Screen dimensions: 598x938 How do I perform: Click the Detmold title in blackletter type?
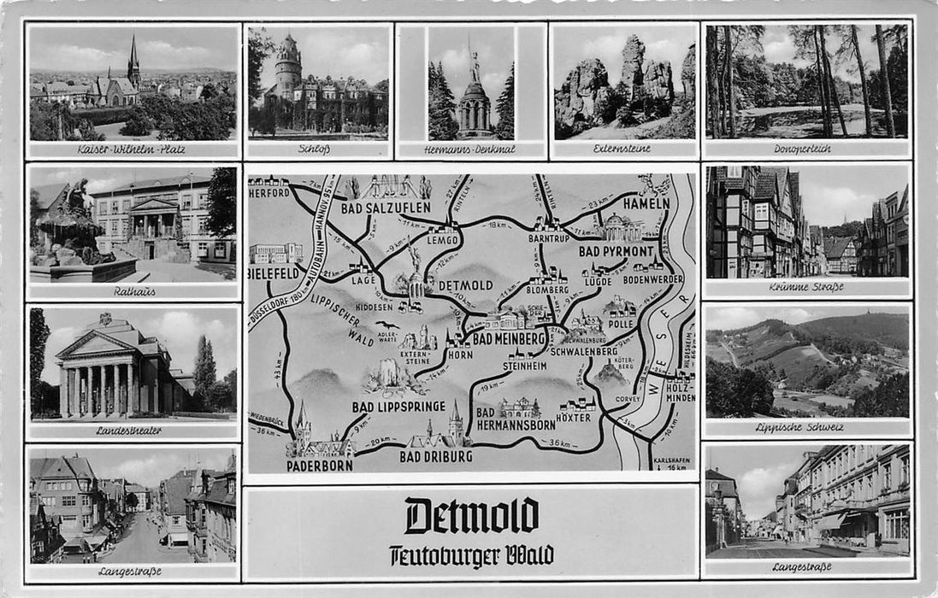pos(471,516)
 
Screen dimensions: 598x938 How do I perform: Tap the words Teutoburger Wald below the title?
pos(471,555)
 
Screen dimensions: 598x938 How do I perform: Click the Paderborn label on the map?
pos(319,466)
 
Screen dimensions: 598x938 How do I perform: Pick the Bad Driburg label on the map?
pos(435,457)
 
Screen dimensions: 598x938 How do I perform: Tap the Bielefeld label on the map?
pos(274,273)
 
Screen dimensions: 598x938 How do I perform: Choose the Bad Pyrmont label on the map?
pos(616,251)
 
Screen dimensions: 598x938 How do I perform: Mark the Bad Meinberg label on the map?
pos(509,338)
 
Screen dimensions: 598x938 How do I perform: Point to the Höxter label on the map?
pos(573,418)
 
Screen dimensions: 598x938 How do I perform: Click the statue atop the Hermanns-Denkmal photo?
pos(474,64)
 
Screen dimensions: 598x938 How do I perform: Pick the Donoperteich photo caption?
pos(807,149)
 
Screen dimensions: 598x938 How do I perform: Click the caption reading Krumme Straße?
pos(807,287)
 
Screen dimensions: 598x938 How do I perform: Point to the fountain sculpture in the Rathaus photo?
pos(70,214)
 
